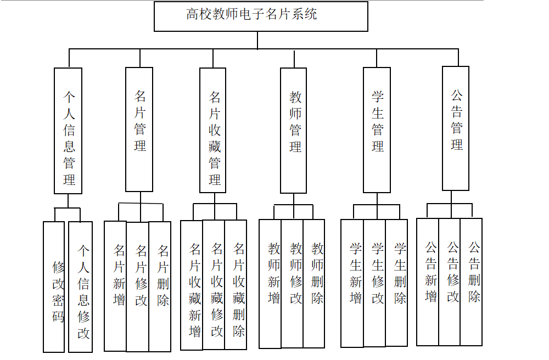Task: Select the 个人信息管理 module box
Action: point(68,131)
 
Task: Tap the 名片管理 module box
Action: point(139,130)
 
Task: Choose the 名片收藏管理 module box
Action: point(213,130)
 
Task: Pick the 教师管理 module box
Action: point(293,131)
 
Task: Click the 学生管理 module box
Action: point(377,130)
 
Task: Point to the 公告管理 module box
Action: point(456,128)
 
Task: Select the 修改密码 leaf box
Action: point(54,286)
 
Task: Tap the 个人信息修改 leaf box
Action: point(80,286)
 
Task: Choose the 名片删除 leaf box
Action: point(160,286)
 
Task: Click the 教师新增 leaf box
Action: point(270,284)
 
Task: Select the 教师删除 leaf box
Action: point(314,284)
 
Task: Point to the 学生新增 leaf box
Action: point(352,283)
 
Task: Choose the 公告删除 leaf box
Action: point(471,282)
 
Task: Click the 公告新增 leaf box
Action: point(428,282)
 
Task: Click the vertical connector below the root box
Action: point(257,40)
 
